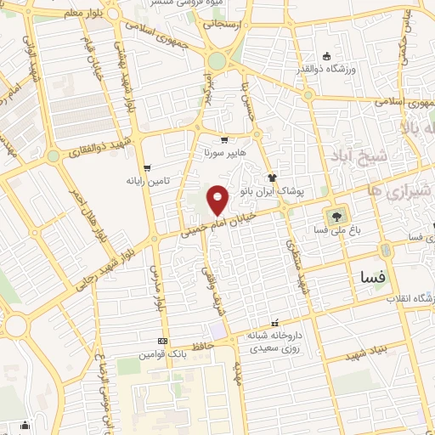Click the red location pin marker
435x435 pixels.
218,199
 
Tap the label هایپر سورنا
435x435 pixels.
223,155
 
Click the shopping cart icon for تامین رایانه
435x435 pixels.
147,168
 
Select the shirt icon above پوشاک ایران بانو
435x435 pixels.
272,178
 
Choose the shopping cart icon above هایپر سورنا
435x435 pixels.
223,141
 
